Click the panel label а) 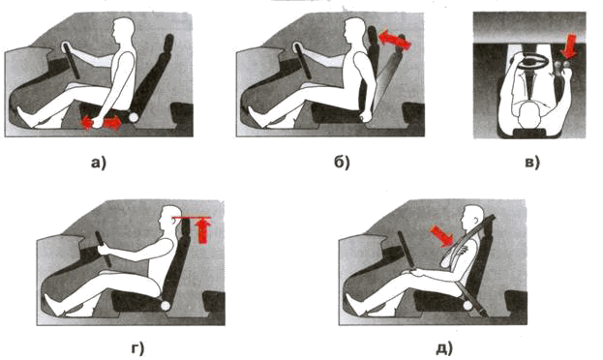pyautogui.click(x=98, y=164)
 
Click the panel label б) pyautogui.click(x=342, y=163)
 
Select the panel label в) pyautogui.click(x=532, y=164)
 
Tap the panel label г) pyautogui.click(x=137, y=348)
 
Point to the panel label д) pyautogui.click(x=444, y=348)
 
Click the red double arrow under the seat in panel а pyautogui.click(x=101, y=123)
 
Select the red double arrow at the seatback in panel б pyautogui.click(x=395, y=41)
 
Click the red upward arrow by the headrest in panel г pyautogui.click(x=202, y=230)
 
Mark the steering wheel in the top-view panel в pyautogui.click(x=533, y=61)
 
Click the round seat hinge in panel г pyautogui.click(x=165, y=306)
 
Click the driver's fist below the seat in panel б pyautogui.click(x=367, y=117)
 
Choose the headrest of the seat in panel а pyautogui.click(x=168, y=44)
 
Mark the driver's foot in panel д pyautogui.click(x=355, y=304)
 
